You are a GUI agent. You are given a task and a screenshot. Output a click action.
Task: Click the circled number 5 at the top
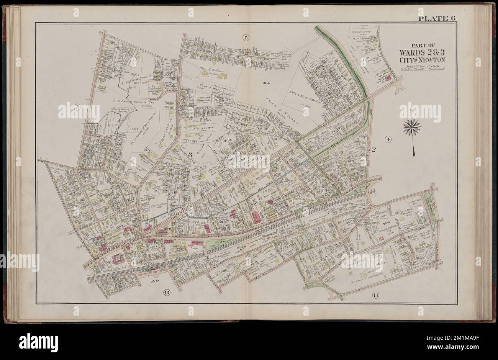pos(246,37)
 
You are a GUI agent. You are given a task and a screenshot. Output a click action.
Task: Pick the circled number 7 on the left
pos(77,108)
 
